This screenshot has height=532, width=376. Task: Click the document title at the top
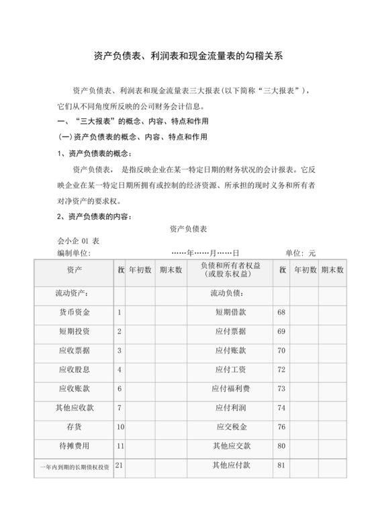188,58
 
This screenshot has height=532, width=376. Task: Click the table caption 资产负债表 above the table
188,229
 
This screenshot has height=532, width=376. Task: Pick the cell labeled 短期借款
230,312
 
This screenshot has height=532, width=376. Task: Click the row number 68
281,312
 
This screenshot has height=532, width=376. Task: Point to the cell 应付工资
230,369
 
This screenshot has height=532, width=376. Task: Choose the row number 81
281,465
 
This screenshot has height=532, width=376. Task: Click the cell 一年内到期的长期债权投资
75,466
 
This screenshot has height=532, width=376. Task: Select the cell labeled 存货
75,427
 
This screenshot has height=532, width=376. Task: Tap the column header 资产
75,269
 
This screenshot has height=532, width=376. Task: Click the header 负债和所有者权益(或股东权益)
230,270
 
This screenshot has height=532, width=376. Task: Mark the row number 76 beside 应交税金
281,427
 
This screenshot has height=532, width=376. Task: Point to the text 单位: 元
300,253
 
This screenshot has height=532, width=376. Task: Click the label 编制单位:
74,253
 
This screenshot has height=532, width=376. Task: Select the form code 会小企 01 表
79,241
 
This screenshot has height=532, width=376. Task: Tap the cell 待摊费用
75,445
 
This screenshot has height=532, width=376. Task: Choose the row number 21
120,465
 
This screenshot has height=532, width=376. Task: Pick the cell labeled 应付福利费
230,388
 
